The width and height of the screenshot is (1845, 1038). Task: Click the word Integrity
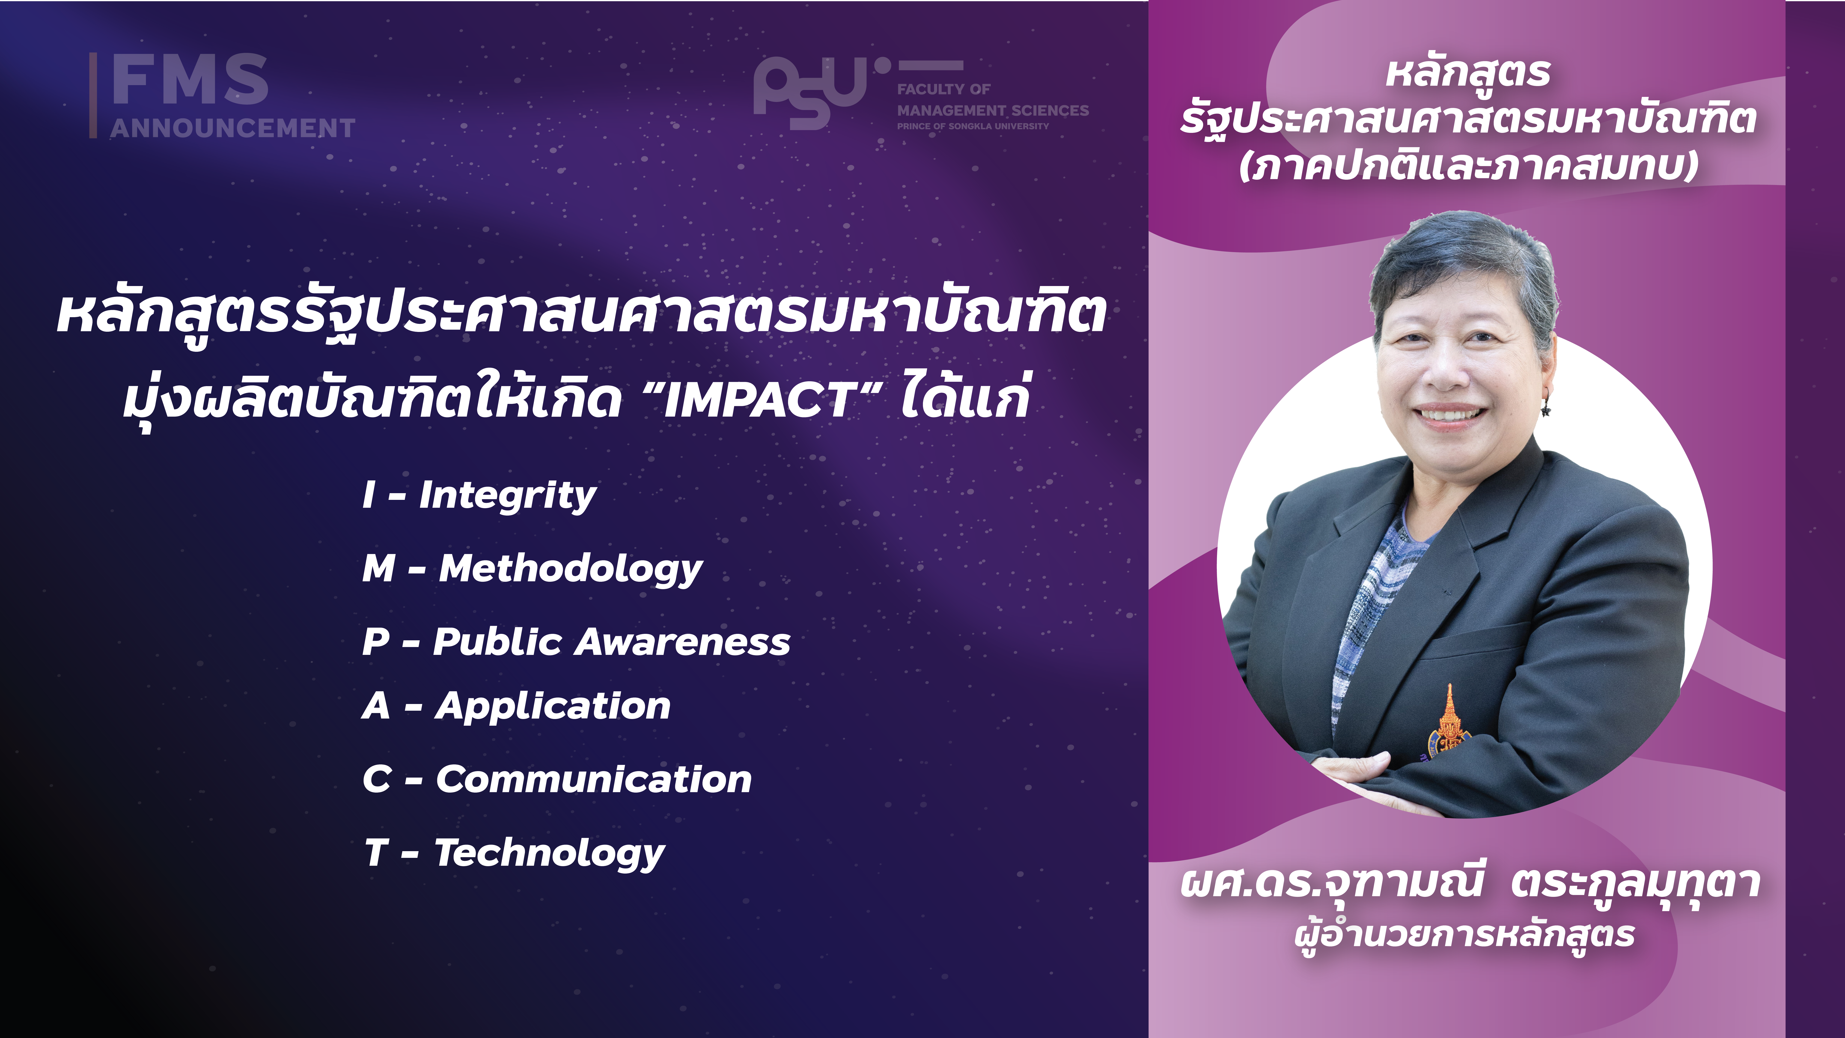coord(507,496)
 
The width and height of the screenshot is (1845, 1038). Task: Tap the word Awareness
coord(683,642)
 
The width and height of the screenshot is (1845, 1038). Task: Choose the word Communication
coord(594,779)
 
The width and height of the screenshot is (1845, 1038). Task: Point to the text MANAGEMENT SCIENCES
coord(993,110)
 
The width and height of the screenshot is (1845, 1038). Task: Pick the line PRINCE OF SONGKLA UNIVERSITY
coord(973,126)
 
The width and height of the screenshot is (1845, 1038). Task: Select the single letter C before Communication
coord(377,779)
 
